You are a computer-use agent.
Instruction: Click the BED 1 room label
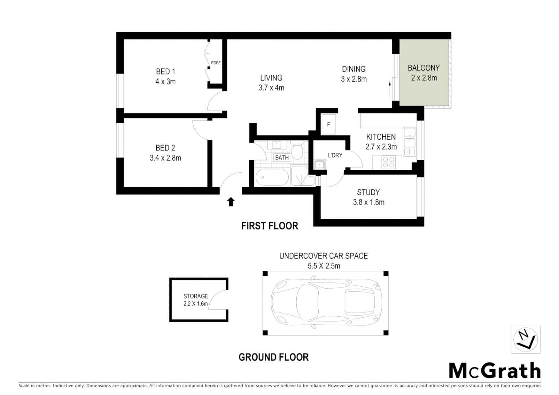click(165, 71)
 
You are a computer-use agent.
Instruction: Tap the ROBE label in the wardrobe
click(216, 63)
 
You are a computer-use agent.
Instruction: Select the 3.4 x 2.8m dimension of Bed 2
click(165, 158)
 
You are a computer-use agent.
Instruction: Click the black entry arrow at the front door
click(231, 202)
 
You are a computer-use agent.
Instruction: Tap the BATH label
click(282, 158)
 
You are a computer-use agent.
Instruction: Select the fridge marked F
click(329, 125)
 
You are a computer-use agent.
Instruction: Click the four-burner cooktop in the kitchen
click(389, 162)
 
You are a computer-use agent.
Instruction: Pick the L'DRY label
click(335, 155)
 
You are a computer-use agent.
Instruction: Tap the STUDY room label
click(368, 192)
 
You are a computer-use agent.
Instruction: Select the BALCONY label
click(424, 68)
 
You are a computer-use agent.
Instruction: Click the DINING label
click(354, 69)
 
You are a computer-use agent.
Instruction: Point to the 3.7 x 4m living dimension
click(271, 88)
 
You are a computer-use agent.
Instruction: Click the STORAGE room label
click(196, 296)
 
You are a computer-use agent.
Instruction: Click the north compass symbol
click(525, 340)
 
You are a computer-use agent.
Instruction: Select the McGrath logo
click(495, 370)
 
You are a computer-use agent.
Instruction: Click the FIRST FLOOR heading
click(270, 226)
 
